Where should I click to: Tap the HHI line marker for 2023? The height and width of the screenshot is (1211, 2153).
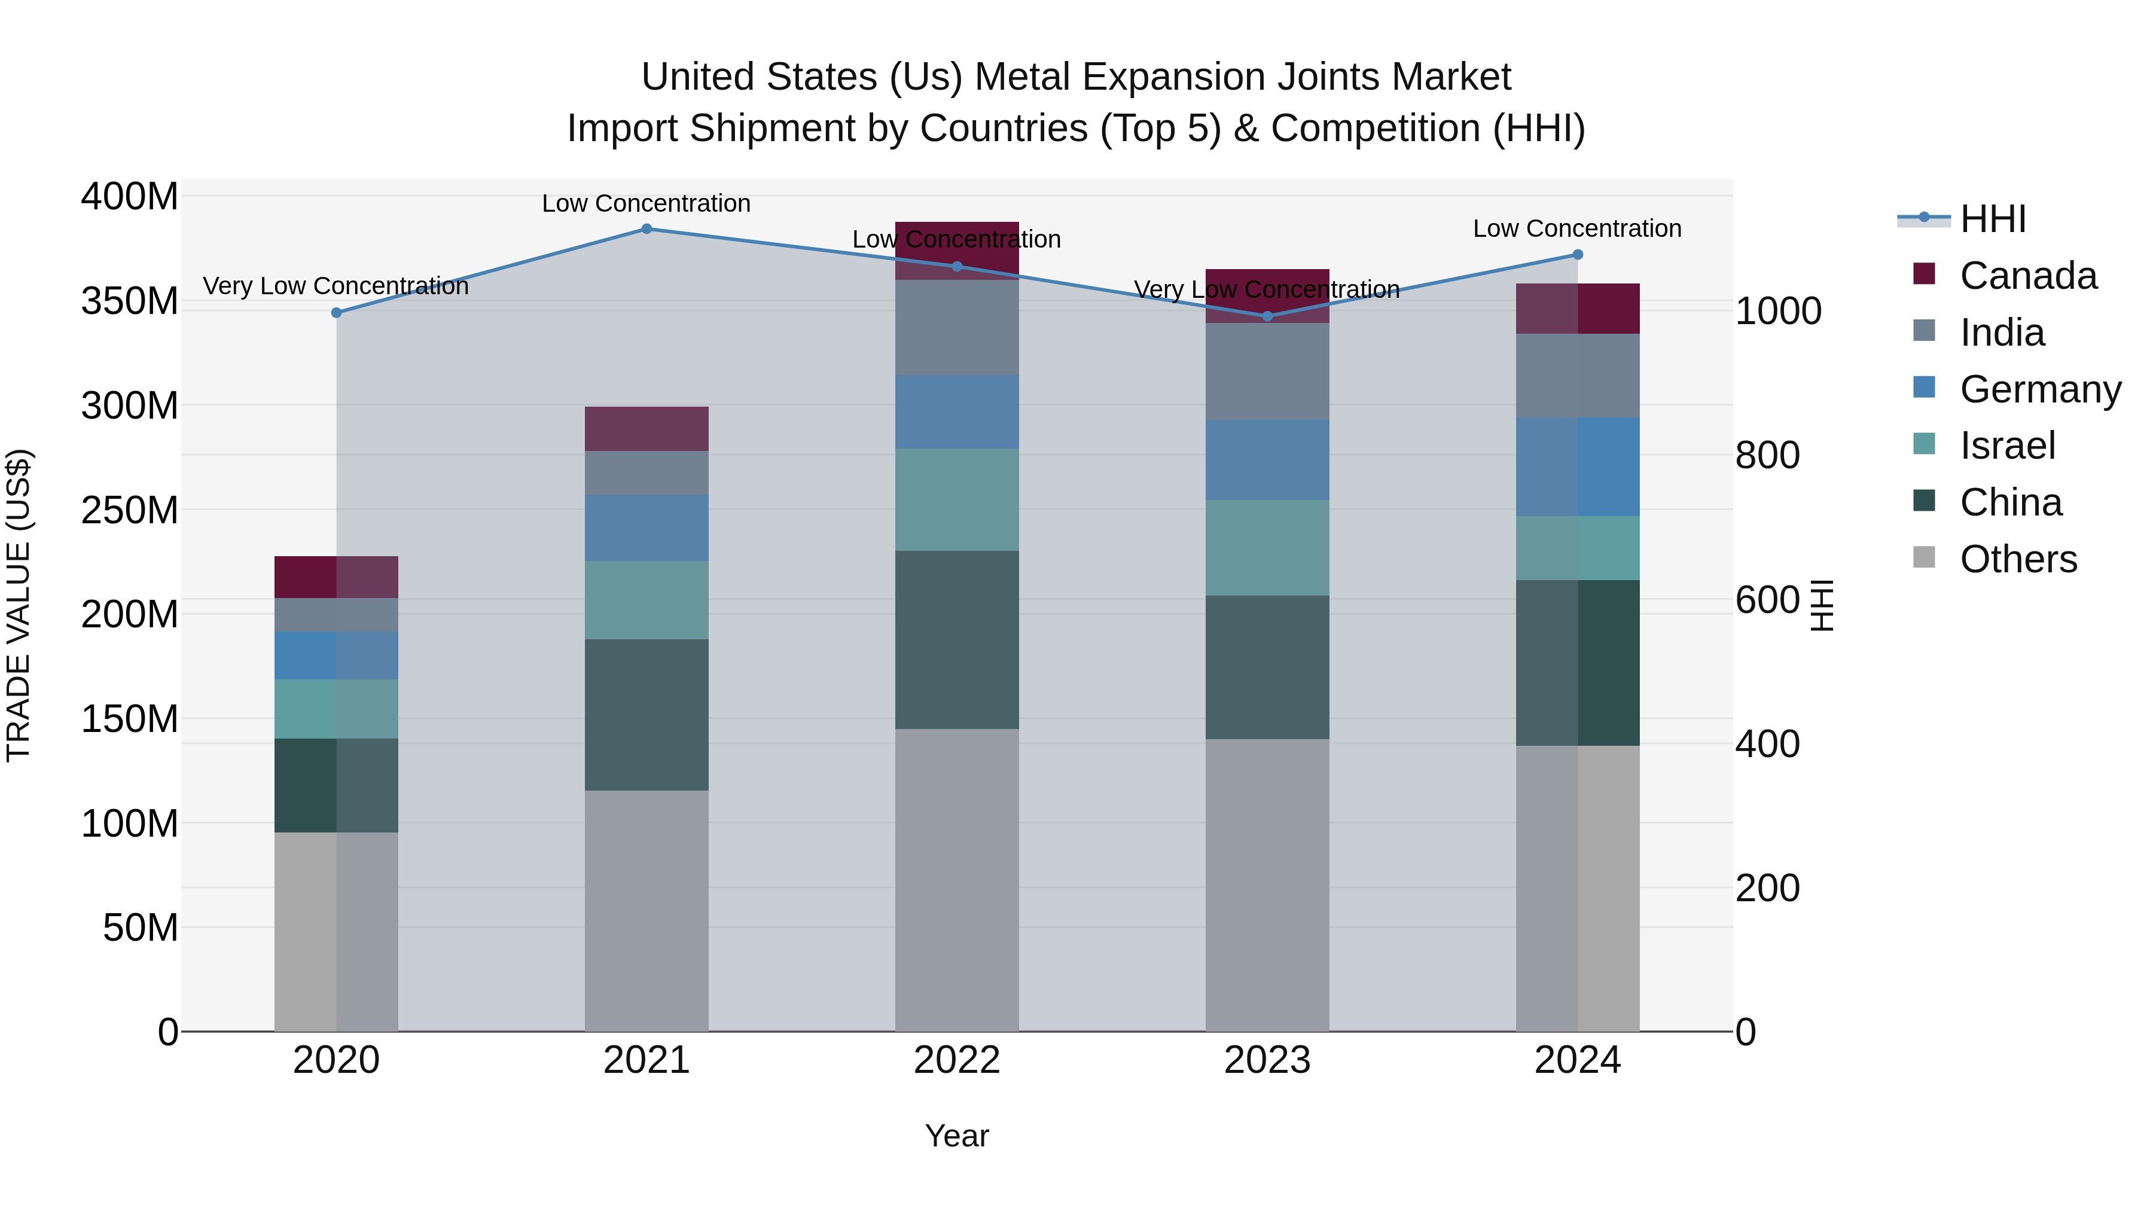coord(1267,316)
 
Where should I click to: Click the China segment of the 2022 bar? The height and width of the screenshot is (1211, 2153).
coord(957,639)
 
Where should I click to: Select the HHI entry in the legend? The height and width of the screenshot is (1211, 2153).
coord(1993,219)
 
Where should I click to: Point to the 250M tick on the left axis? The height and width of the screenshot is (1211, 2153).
coord(130,510)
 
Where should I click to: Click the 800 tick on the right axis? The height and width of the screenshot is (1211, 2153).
coord(1767,456)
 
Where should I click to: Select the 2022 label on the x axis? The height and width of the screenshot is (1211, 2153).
coord(957,1060)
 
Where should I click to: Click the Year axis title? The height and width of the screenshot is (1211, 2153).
coord(957,1136)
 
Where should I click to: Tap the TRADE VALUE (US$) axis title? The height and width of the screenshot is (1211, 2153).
coord(19,605)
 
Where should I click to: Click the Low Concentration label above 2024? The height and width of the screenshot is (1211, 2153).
coord(1576,228)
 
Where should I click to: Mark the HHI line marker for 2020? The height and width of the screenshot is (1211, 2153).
coord(336,313)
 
